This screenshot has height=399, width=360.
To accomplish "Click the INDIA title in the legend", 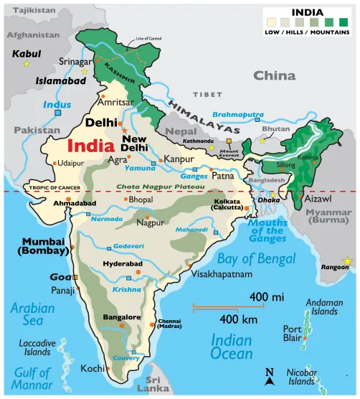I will click(309, 12).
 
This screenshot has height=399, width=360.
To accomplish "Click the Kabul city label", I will click(27, 53).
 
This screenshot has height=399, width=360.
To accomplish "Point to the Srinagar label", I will click(75, 62).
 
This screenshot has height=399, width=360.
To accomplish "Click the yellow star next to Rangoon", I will click(349, 260).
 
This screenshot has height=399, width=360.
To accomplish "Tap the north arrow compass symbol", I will click(270, 374).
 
